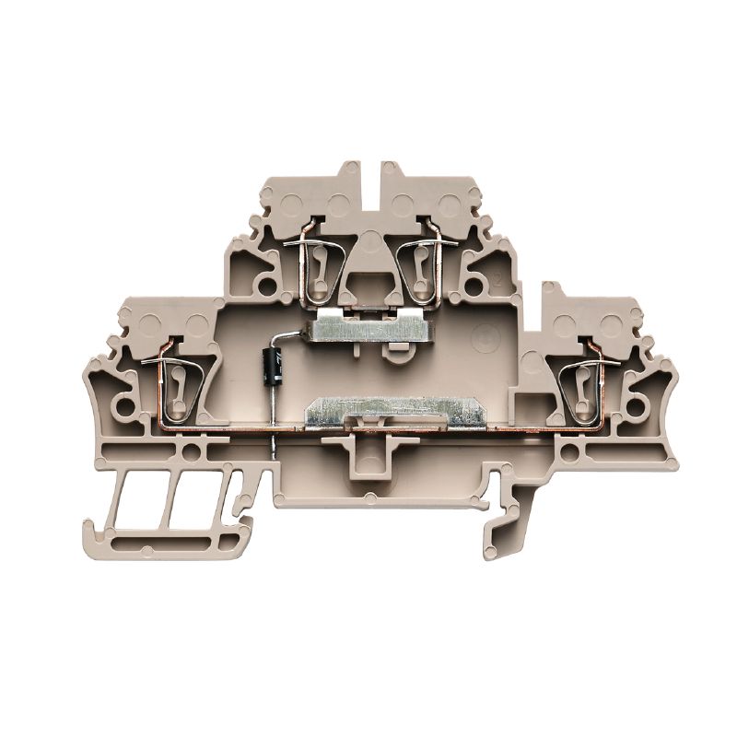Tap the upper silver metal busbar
coord(368,325)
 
